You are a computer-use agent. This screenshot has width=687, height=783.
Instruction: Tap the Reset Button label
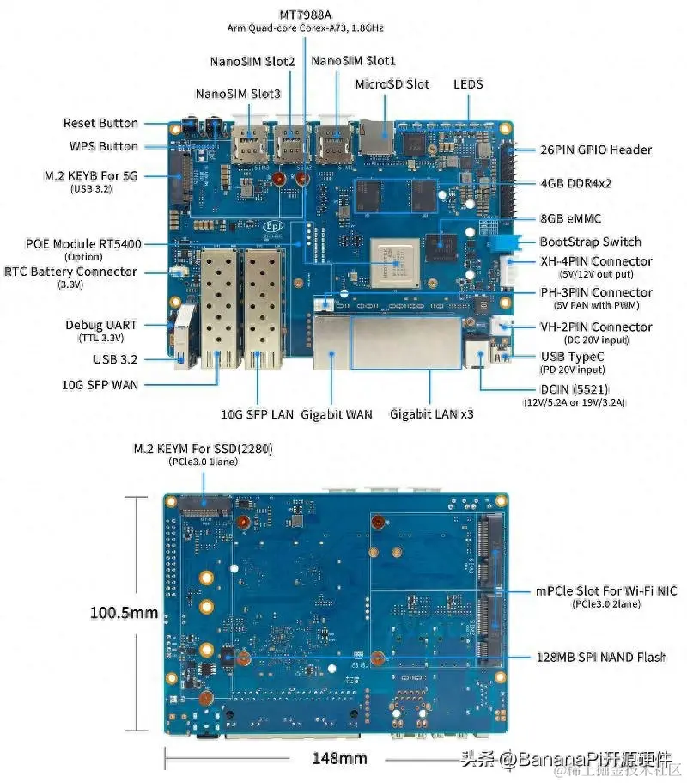pyautogui.click(x=100, y=124)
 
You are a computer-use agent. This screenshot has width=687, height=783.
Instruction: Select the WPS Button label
pyautogui.click(x=103, y=146)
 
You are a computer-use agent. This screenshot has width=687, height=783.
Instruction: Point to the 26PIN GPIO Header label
pyautogui.click(x=595, y=150)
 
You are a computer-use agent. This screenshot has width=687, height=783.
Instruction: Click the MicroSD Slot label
pyautogui.click(x=392, y=84)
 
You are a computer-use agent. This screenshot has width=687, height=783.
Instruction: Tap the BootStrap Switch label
pyautogui.click(x=590, y=242)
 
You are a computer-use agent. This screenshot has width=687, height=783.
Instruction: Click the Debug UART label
pyautogui.click(x=101, y=325)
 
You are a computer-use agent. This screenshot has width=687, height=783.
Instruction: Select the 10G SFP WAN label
pyautogui.click(x=100, y=384)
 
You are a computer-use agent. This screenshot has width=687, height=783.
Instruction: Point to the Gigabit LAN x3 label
pyautogui.click(x=432, y=414)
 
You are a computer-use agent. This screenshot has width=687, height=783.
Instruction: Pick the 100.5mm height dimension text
pyautogui.click(x=125, y=613)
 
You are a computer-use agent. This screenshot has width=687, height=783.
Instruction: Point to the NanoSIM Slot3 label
pyautogui.click(x=238, y=94)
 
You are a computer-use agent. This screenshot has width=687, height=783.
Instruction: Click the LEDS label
pyautogui.click(x=468, y=84)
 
